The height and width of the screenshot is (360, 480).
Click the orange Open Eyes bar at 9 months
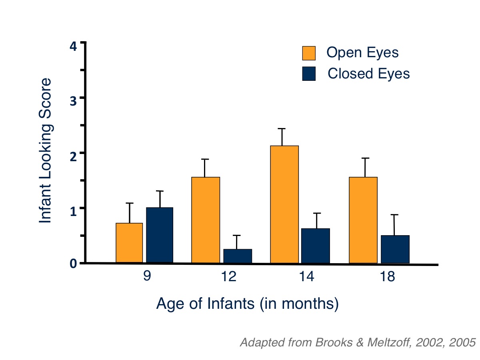click(129, 243)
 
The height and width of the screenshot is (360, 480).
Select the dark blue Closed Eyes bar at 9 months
click(160, 235)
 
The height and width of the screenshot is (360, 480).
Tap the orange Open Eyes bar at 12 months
click(206, 220)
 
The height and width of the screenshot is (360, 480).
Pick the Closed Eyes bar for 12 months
click(238, 256)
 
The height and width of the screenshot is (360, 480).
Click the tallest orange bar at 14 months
click(284, 204)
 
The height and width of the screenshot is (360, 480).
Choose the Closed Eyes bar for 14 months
click(316, 246)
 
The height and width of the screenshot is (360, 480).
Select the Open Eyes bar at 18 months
click(363, 220)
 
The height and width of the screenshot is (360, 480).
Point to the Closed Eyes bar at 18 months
click(395, 249)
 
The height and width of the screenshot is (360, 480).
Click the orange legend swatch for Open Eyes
click(309, 53)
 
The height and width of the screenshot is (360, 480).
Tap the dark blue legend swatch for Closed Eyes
click(309, 74)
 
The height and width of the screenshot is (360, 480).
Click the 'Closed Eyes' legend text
click(369, 74)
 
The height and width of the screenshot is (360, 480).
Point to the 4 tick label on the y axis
click(73, 46)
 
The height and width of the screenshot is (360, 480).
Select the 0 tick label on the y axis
click(73, 264)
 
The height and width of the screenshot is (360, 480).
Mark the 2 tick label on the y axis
click(73, 156)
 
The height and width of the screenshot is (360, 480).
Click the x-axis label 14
click(307, 277)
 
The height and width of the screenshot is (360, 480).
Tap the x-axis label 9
click(147, 276)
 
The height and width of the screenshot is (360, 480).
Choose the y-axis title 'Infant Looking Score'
click(46, 150)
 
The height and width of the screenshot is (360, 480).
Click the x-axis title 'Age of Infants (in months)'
click(247, 304)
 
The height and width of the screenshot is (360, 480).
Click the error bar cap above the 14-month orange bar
click(282, 129)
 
